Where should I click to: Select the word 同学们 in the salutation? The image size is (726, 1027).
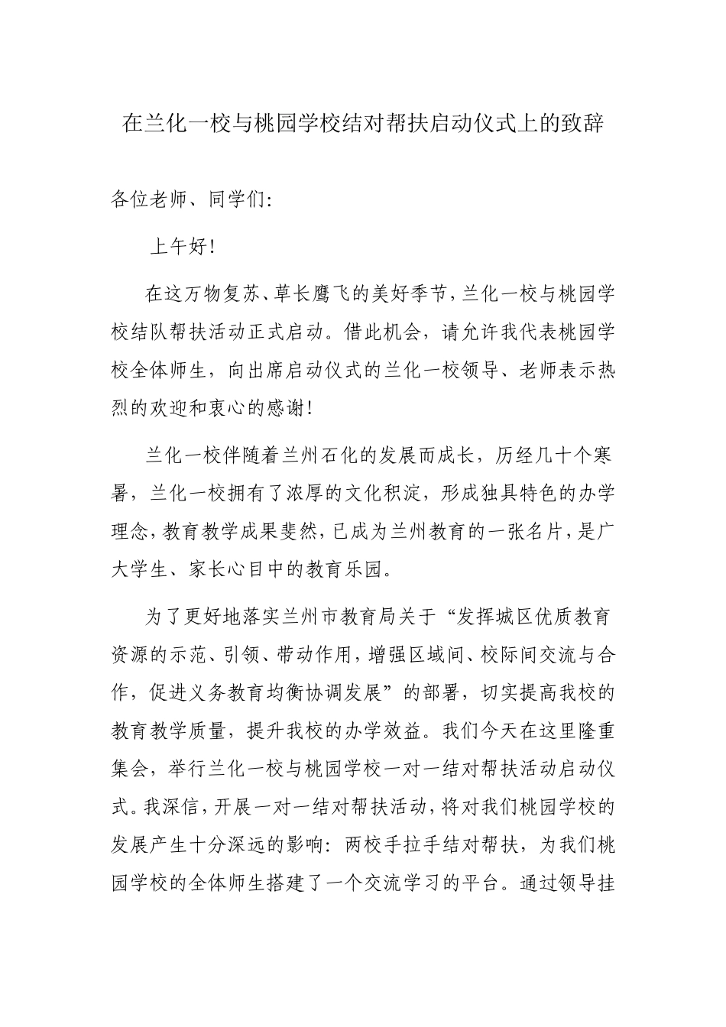[x=232, y=200]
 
